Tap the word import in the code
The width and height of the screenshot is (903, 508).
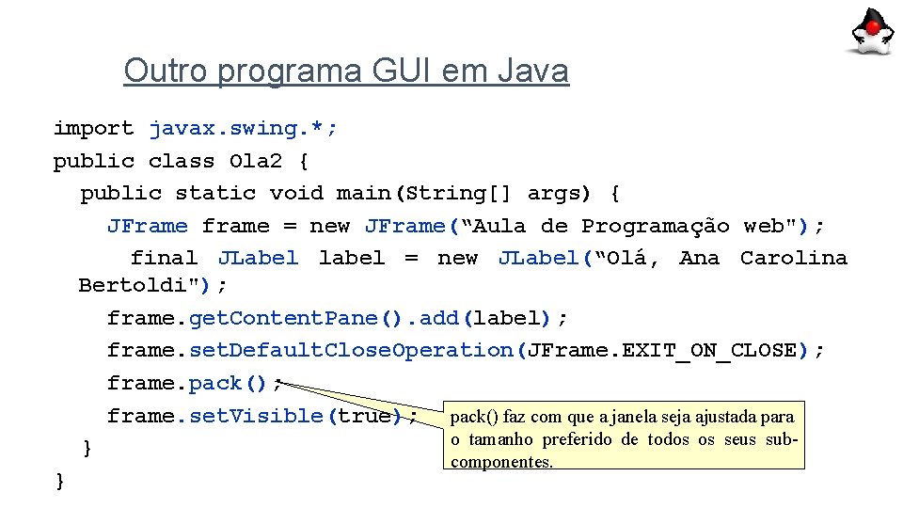click(93, 128)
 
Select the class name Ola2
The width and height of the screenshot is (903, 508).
click(255, 161)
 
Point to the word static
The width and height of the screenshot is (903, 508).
click(215, 193)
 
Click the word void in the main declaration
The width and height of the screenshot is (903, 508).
click(296, 193)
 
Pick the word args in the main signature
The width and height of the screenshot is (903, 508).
click(559, 193)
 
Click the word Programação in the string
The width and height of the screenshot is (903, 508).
click(655, 226)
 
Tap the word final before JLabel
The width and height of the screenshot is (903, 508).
click(163, 258)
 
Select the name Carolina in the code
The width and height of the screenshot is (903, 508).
click(793, 258)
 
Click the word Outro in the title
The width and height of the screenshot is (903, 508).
click(163, 71)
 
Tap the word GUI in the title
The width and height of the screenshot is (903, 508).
click(403, 71)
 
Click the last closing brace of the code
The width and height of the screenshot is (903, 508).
click(60, 481)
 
